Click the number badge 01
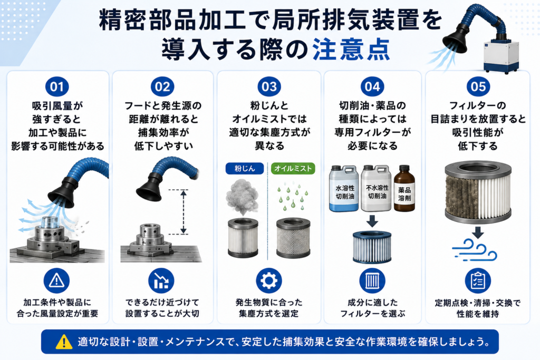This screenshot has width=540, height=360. [x=57, y=86]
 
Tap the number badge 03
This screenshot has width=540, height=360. [x=269, y=86]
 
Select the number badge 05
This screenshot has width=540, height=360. [x=478, y=86]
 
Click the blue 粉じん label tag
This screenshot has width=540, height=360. [x=245, y=168]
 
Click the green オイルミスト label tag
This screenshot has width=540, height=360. [x=293, y=168]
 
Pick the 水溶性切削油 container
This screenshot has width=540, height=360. [x=344, y=189]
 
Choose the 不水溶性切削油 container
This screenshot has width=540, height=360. [x=376, y=188]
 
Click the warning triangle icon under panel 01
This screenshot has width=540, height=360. [x=57, y=281]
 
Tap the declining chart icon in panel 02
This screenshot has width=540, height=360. [x=161, y=281]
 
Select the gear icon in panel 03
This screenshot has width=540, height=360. [x=269, y=281]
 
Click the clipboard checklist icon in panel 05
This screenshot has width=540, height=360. [x=478, y=281]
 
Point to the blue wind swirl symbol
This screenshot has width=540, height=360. [x=475, y=250]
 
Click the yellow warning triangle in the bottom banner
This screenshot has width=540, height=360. [x=64, y=342]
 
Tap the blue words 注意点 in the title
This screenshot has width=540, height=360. [x=351, y=49]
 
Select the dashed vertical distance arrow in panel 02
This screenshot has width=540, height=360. [x=184, y=212]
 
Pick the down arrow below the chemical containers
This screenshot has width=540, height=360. [x=372, y=221]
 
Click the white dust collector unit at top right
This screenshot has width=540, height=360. [x=501, y=56]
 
